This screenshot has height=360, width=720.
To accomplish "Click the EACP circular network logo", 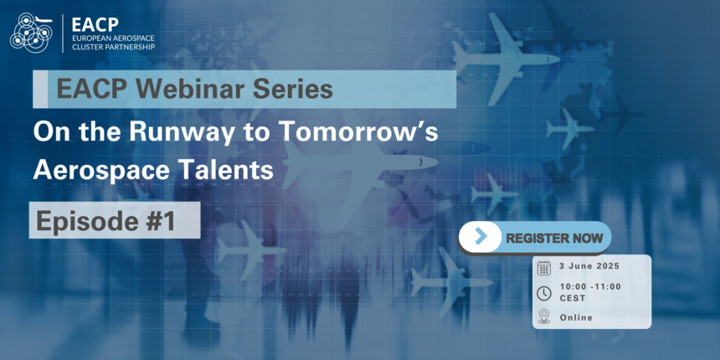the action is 31,32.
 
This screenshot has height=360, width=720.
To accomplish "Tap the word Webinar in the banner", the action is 189,90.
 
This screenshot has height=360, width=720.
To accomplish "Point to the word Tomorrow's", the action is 358,132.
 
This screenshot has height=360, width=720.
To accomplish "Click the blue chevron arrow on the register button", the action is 481,236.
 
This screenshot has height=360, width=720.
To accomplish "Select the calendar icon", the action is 543,268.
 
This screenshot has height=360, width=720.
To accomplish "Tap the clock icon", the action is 543,293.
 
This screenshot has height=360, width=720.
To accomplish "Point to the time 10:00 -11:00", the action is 590,286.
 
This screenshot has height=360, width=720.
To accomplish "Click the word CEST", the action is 573,299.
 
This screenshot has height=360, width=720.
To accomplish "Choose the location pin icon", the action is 543,316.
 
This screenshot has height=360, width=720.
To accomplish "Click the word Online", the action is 576,317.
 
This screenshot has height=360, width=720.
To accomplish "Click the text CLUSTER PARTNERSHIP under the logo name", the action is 114,46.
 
